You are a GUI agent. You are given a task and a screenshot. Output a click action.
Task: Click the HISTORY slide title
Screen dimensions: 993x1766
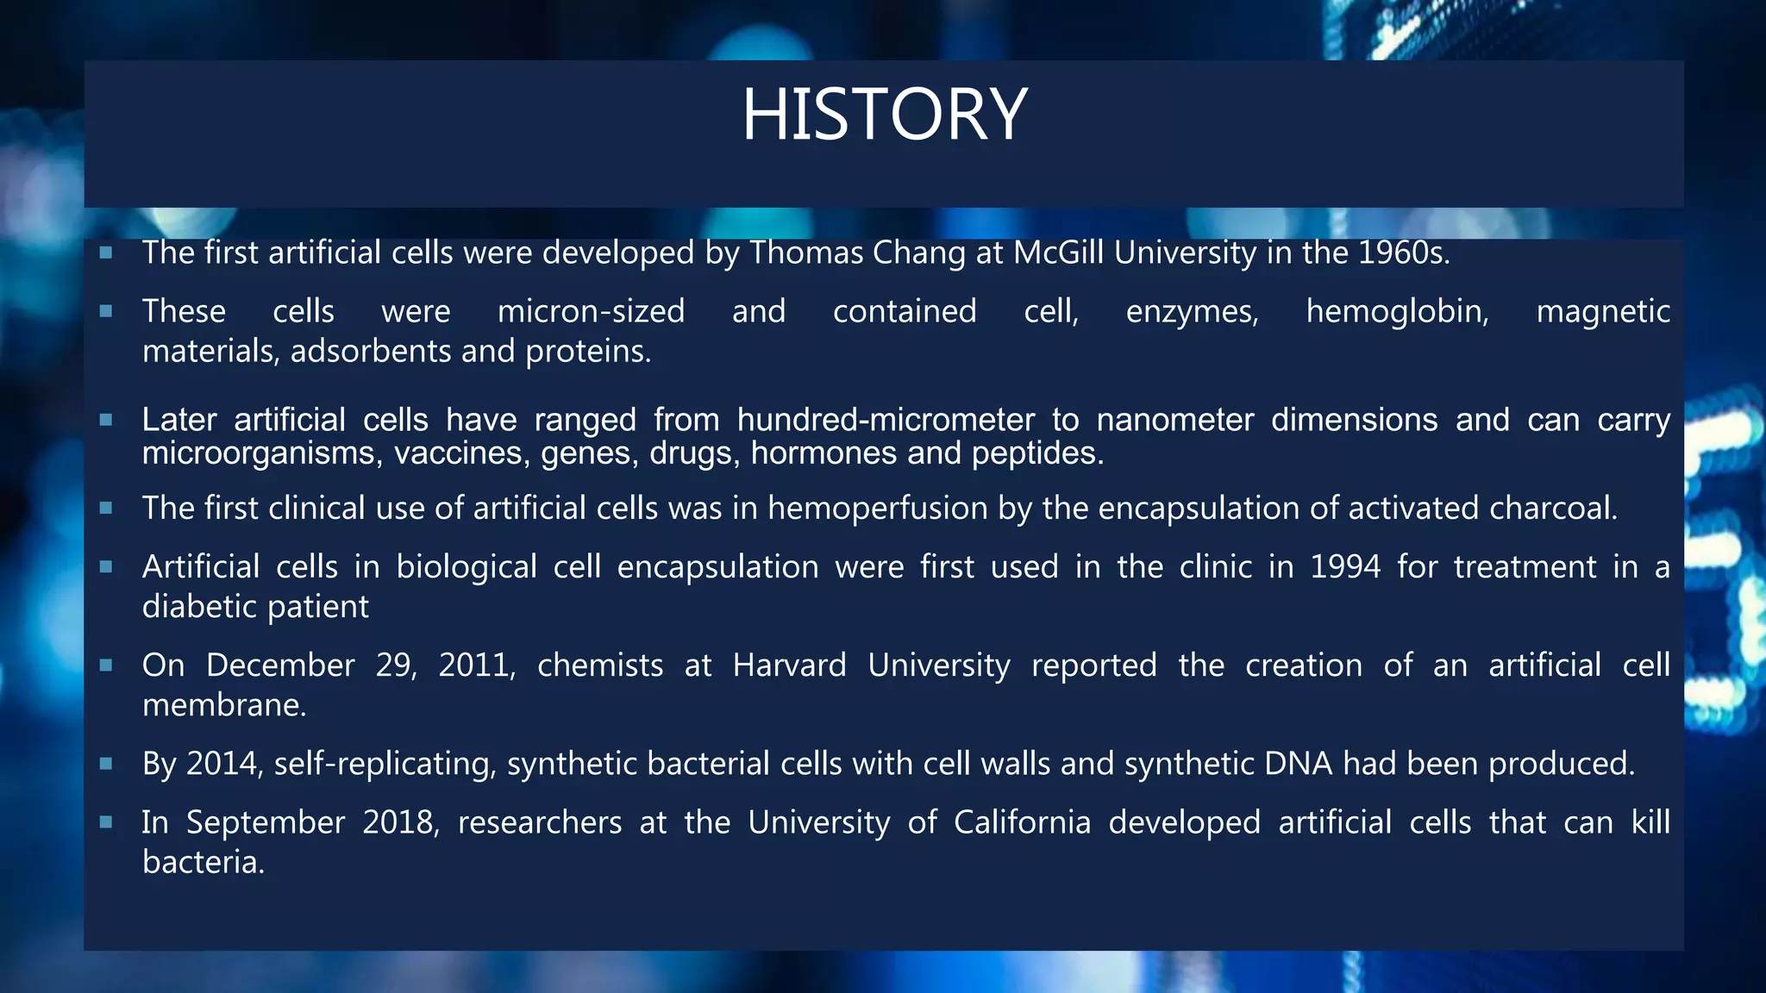click(x=884, y=115)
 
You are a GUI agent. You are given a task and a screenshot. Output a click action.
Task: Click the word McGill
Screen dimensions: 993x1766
click(x=1058, y=253)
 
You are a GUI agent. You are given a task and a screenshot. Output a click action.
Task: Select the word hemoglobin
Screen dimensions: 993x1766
click(x=1397, y=311)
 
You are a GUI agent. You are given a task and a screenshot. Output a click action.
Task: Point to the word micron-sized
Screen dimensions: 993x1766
click(x=591, y=311)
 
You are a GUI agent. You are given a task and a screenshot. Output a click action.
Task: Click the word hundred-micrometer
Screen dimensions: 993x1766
click(x=886, y=420)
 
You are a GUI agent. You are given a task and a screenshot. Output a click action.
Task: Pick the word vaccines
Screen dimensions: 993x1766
click(x=461, y=453)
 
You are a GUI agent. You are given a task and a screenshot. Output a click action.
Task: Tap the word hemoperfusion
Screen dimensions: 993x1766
click(x=877, y=509)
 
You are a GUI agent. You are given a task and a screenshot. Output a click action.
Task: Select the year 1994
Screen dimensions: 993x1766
click(x=1345, y=567)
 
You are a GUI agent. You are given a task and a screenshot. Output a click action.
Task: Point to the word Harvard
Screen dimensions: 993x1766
click(x=789, y=665)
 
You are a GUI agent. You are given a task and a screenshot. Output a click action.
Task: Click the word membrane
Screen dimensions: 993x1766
click(x=223, y=705)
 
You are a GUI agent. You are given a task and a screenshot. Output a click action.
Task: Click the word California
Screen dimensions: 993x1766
click(x=1022, y=822)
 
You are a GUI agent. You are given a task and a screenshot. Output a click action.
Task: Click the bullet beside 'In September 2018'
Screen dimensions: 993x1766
click(x=106, y=822)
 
